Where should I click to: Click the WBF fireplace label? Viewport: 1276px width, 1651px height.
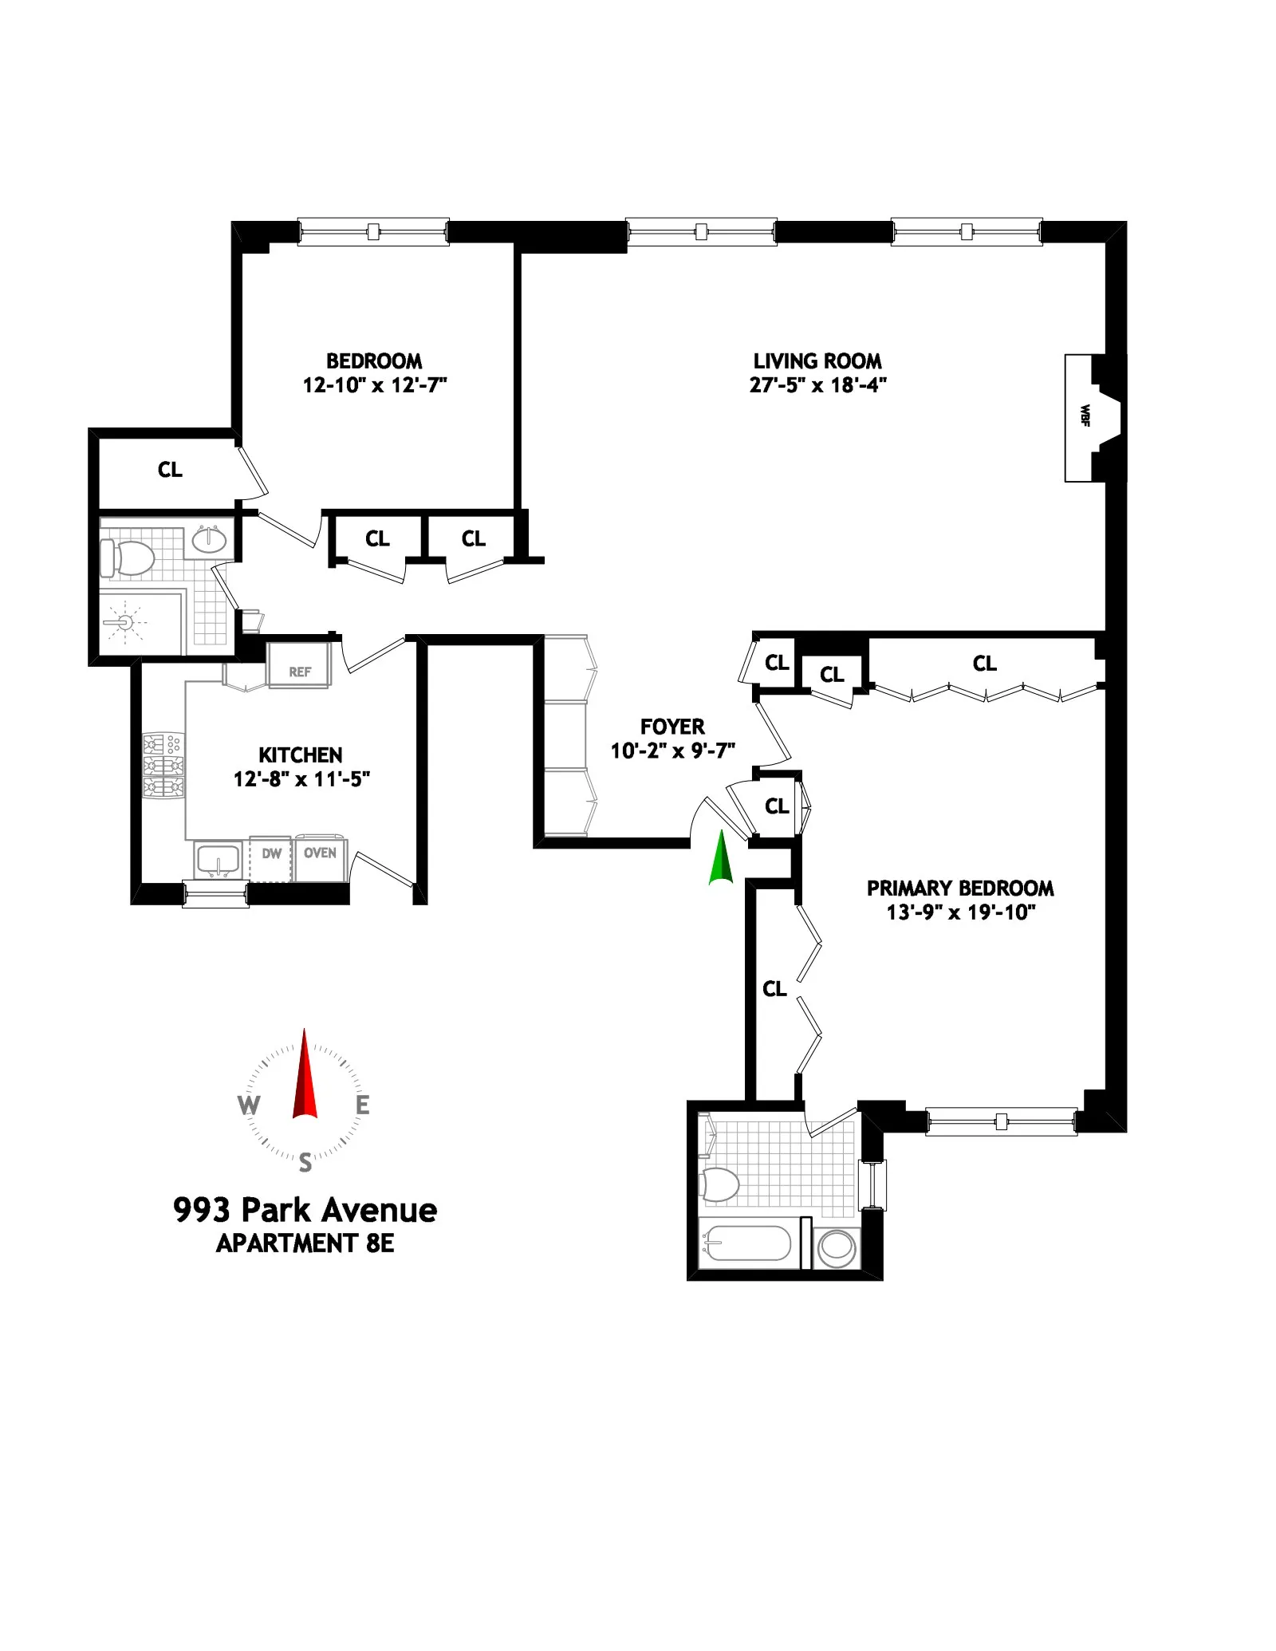click(1084, 416)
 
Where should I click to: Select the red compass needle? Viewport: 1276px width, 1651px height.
click(305, 1076)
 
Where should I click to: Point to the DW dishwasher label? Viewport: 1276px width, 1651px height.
click(271, 853)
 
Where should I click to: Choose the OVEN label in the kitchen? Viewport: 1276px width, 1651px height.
click(320, 853)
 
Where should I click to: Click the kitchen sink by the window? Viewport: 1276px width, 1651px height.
click(218, 861)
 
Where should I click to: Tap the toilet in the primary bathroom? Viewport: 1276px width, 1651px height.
click(719, 1184)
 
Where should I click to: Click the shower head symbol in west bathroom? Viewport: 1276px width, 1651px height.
click(124, 621)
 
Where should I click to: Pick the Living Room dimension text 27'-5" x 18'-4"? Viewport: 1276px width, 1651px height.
click(817, 385)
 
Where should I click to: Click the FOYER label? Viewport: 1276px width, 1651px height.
click(672, 727)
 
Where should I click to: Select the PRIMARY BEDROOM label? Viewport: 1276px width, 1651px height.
click(960, 888)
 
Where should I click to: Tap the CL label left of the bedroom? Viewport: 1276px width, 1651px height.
click(170, 470)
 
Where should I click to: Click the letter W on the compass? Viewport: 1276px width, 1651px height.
click(249, 1105)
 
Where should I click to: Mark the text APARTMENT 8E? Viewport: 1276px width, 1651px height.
click(305, 1243)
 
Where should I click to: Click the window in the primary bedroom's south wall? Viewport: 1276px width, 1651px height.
click(1001, 1121)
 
